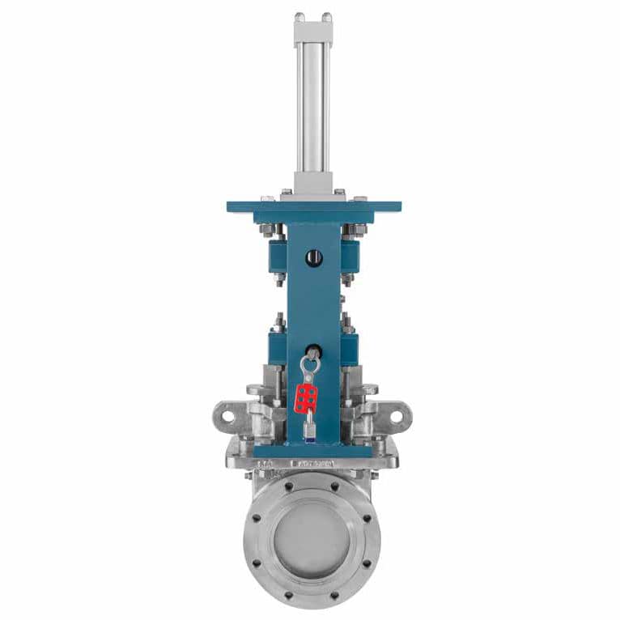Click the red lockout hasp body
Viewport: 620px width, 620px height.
306,397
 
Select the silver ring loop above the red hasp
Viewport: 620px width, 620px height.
309,365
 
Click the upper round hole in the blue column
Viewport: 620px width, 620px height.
314,257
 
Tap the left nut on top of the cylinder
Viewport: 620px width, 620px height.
299,16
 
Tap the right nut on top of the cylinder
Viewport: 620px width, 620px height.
326,16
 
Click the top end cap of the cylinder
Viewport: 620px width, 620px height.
313,31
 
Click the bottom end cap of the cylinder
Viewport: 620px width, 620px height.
313,183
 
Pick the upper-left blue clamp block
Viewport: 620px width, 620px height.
277,254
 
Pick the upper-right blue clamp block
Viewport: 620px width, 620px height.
350,254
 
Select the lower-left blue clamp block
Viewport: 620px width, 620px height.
277,349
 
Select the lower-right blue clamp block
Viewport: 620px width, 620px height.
350,349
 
